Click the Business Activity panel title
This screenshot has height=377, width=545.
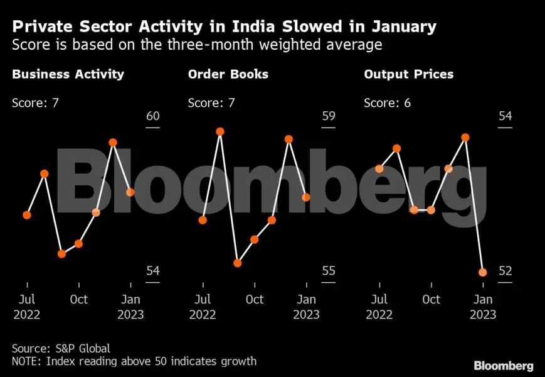click(x=68, y=74)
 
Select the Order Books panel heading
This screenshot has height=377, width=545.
click(x=228, y=74)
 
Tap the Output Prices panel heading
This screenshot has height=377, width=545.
click(x=408, y=74)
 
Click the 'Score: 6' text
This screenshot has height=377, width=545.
click(x=387, y=102)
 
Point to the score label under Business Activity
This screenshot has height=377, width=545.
click(x=35, y=102)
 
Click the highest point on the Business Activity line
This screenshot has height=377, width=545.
click(x=114, y=143)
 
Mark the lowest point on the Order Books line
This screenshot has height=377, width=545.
click(x=237, y=263)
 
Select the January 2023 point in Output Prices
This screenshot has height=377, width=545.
click(x=482, y=272)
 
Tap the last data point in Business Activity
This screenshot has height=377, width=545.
click(x=130, y=192)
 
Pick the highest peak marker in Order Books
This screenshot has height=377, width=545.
click(x=220, y=131)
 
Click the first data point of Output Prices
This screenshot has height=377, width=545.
click(x=379, y=168)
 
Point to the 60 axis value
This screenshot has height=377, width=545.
click(x=153, y=116)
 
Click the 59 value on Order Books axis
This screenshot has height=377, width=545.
click(x=329, y=116)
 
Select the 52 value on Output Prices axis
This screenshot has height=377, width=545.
click(x=505, y=271)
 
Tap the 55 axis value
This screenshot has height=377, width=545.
click(x=329, y=271)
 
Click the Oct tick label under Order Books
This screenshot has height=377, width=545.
click(x=255, y=299)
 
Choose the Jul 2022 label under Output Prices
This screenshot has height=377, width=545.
click(x=379, y=307)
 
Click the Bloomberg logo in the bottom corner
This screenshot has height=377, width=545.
click(x=503, y=365)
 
